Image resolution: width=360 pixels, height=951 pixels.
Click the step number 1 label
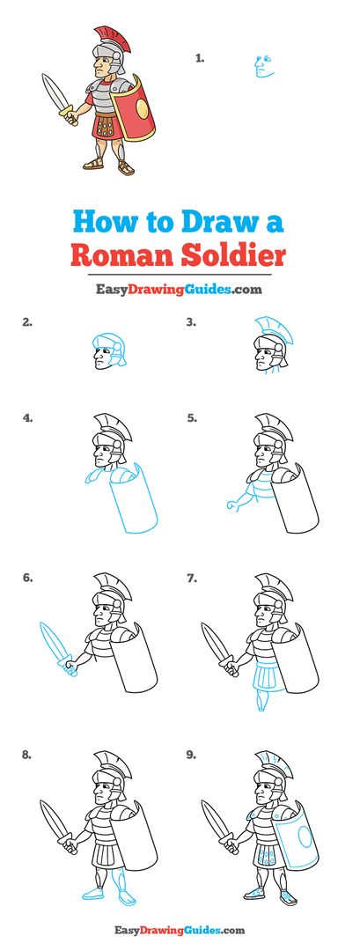[x=200, y=58]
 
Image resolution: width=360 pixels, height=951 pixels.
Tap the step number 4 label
[x=27, y=418]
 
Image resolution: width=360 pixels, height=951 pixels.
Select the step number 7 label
[x=192, y=579]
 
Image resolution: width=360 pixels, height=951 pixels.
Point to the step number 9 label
[x=192, y=756]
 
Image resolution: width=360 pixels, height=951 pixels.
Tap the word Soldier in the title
[x=233, y=254]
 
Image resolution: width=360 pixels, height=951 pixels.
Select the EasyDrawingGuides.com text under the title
[x=180, y=290]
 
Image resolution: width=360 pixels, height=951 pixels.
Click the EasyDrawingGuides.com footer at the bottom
[x=180, y=929]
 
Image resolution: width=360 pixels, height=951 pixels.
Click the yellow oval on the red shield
[x=142, y=108]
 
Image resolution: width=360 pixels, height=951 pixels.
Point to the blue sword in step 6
[x=57, y=647]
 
